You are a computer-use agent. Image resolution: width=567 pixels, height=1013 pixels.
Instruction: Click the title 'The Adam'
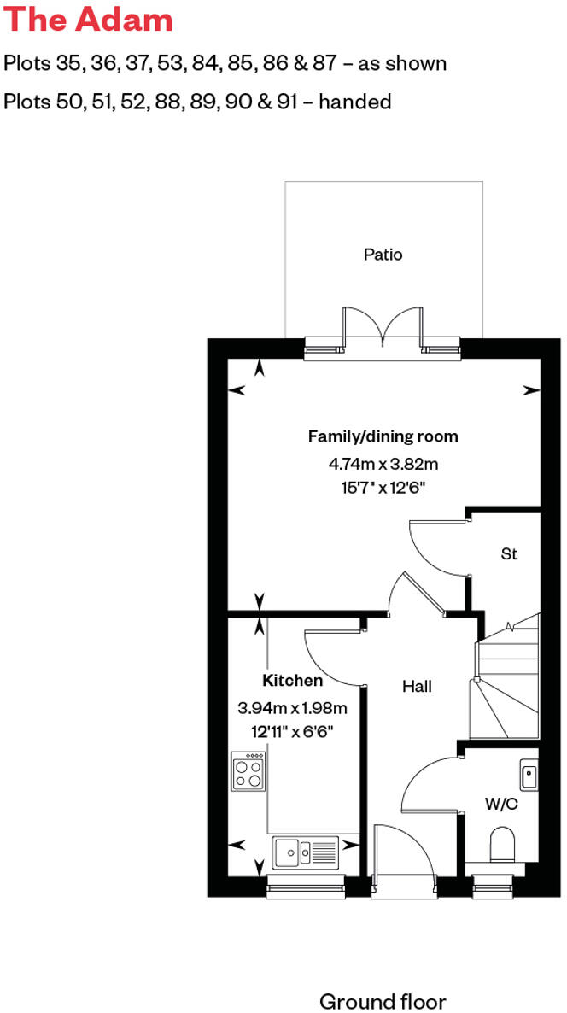click(88, 20)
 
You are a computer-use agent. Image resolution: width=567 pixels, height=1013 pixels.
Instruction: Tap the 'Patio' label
click(383, 255)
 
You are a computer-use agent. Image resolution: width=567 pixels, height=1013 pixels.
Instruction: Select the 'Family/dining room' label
click(383, 436)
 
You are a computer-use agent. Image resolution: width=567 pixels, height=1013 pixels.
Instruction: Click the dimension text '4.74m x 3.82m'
click(383, 465)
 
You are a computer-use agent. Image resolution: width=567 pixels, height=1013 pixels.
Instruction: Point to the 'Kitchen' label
click(292, 681)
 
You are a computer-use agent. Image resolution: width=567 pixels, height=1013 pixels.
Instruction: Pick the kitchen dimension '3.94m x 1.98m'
click(292, 707)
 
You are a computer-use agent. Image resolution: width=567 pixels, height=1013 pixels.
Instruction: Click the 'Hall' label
click(418, 686)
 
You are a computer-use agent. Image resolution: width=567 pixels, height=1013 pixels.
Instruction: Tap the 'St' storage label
click(509, 554)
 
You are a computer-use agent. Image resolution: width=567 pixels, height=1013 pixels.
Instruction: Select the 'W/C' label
click(500, 804)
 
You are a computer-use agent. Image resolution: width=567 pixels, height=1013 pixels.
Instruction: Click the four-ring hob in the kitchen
click(248, 772)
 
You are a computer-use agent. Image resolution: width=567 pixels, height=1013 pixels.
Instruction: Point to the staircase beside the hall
click(506, 679)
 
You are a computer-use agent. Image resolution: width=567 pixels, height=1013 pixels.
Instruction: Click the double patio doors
click(383, 328)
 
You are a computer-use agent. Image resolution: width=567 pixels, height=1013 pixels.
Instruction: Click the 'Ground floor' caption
click(383, 1001)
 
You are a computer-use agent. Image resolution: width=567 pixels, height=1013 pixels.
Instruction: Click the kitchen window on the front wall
click(305, 887)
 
